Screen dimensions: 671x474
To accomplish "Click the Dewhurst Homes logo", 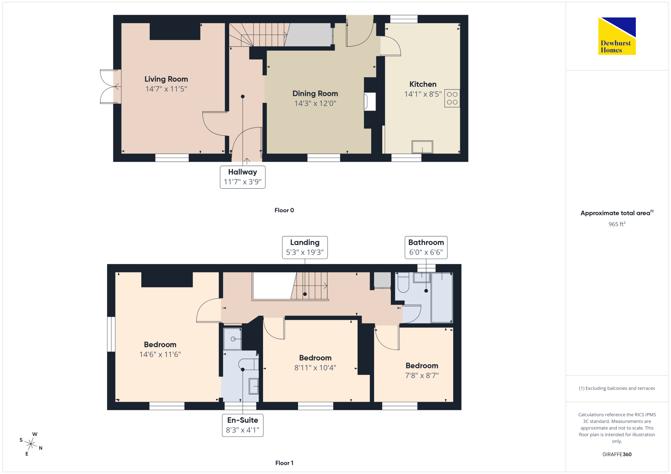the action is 617,36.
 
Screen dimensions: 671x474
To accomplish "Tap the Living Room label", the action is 166,79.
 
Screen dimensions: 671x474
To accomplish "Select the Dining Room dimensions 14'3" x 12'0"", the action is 315,103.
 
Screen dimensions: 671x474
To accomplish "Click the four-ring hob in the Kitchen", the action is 452,98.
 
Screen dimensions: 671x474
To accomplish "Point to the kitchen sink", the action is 422,147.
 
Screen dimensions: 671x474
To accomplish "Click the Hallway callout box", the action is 243,177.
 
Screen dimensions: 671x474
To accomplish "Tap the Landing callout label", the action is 305,247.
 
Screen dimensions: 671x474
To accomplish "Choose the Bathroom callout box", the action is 426,247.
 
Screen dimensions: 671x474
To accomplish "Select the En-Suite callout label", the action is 243,425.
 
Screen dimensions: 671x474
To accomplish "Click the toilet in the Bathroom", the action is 403,282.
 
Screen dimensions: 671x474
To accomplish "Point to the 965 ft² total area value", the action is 617,224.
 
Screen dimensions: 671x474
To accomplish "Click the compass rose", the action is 31,444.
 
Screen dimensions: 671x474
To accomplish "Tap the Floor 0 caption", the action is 284,210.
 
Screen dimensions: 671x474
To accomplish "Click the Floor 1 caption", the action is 284,463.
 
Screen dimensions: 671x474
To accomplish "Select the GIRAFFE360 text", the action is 617,455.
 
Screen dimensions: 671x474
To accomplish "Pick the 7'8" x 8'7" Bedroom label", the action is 422,370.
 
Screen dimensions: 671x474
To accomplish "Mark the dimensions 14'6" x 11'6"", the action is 160,354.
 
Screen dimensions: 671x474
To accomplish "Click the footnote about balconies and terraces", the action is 617,388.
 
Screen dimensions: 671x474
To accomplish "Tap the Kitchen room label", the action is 423,84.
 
